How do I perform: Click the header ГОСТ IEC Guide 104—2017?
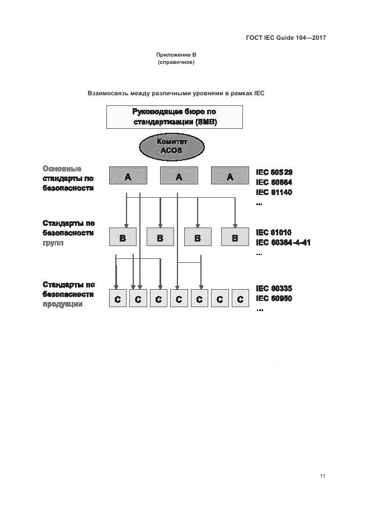tap(285, 38)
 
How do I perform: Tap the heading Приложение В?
tap(176, 55)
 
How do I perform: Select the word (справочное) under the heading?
tap(176, 62)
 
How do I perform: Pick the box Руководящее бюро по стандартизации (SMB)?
tap(175, 117)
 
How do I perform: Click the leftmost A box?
tap(128, 176)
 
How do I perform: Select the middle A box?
tap(179, 176)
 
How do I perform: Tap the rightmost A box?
tap(230, 176)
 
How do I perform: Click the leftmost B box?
tap(123, 238)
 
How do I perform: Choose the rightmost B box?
tap(235, 238)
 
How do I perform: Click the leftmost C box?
tap(118, 299)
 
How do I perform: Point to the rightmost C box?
tap(240, 299)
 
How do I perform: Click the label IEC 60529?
tap(274, 172)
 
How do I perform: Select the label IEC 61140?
tap(274, 192)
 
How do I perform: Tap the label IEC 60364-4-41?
tap(283, 242)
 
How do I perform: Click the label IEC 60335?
tap(274, 288)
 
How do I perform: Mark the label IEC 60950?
tap(274, 298)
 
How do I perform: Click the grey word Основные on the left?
tap(62, 169)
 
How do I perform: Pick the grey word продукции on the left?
tap(62, 304)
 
